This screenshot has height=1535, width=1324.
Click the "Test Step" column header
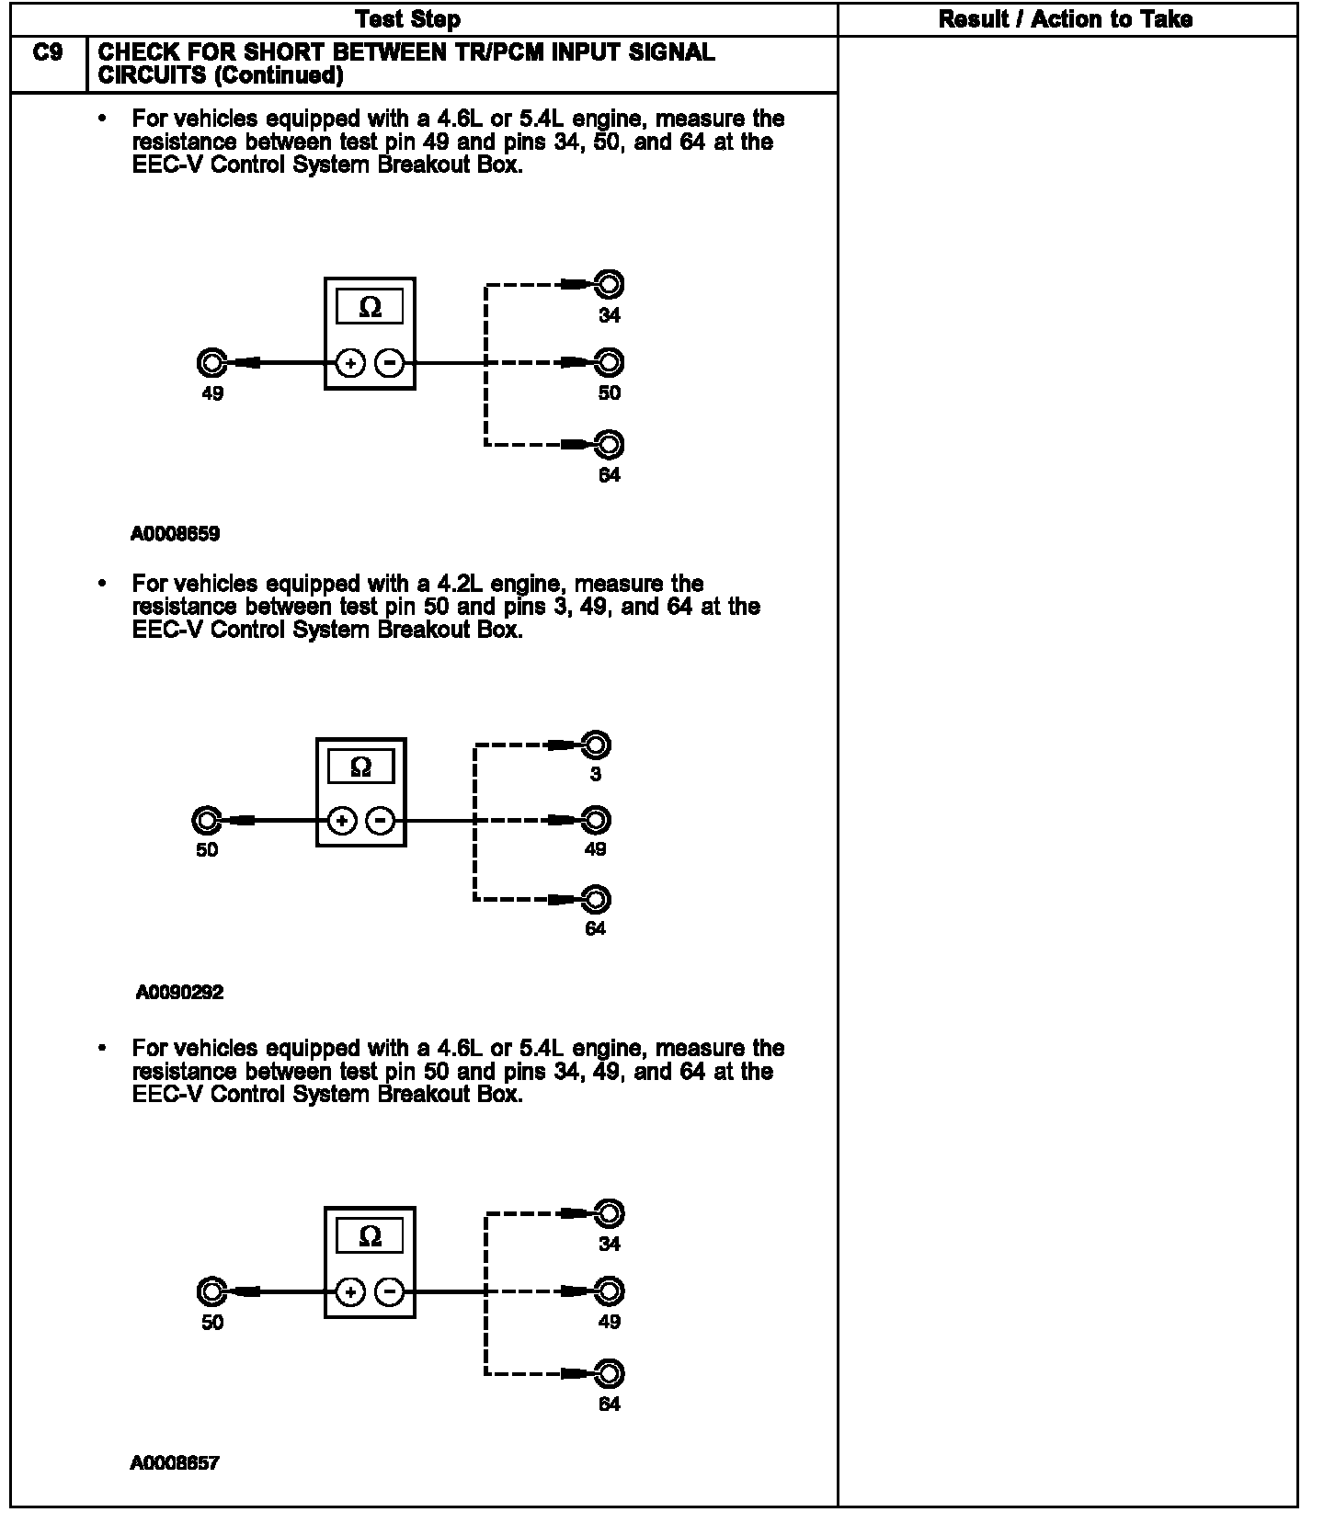click(x=407, y=19)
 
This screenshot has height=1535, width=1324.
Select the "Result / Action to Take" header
click(x=1066, y=19)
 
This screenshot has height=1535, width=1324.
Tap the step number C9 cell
click(x=48, y=53)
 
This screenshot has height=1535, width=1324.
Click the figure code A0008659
click(x=176, y=534)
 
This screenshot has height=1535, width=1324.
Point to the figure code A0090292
click(x=179, y=993)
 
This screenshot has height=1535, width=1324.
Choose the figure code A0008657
click(x=175, y=1462)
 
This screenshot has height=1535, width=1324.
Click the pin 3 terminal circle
click(x=596, y=745)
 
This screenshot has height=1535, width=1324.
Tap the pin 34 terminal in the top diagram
click(x=609, y=284)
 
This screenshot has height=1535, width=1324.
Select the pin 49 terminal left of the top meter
click(x=211, y=363)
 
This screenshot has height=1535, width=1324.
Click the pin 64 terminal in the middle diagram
click(x=596, y=899)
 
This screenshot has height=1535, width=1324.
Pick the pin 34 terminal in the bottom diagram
click(x=609, y=1213)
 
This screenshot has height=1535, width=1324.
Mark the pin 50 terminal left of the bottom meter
click(x=211, y=1292)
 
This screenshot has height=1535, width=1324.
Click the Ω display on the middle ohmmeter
click(x=361, y=767)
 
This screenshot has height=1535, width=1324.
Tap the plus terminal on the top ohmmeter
click(x=350, y=364)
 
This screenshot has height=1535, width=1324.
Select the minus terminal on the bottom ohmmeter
click(x=391, y=1292)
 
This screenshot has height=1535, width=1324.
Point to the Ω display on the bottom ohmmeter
click(x=370, y=1236)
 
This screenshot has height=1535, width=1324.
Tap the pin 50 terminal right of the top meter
click(x=609, y=362)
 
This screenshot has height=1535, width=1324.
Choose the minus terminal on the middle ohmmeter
click(x=382, y=820)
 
